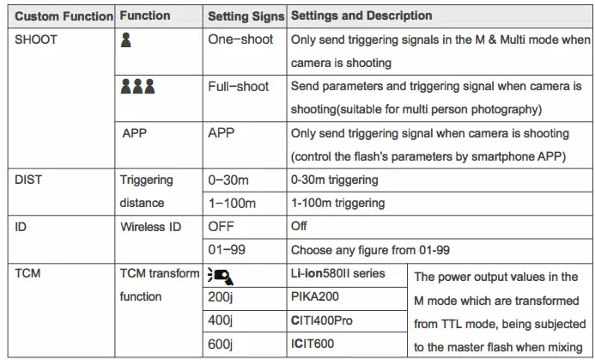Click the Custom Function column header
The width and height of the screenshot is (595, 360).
[x=64, y=16]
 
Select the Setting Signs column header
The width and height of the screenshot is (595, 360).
[x=245, y=16]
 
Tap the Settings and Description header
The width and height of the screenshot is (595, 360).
[x=361, y=16]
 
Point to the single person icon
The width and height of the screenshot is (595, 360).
[x=126, y=40]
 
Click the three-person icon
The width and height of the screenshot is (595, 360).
[x=137, y=87]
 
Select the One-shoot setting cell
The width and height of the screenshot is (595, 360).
[x=240, y=40]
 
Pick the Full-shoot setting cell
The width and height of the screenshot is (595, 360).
[x=238, y=87]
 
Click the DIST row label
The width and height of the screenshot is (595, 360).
[x=29, y=180]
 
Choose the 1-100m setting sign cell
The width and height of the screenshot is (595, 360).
[x=234, y=204]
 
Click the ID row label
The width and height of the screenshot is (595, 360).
[x=22, y=227]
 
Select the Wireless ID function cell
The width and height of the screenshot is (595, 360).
[x=151, y=227]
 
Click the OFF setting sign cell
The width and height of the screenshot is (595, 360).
[x=222, y=227]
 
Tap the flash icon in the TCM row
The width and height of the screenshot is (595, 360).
[x=222, y=275]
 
